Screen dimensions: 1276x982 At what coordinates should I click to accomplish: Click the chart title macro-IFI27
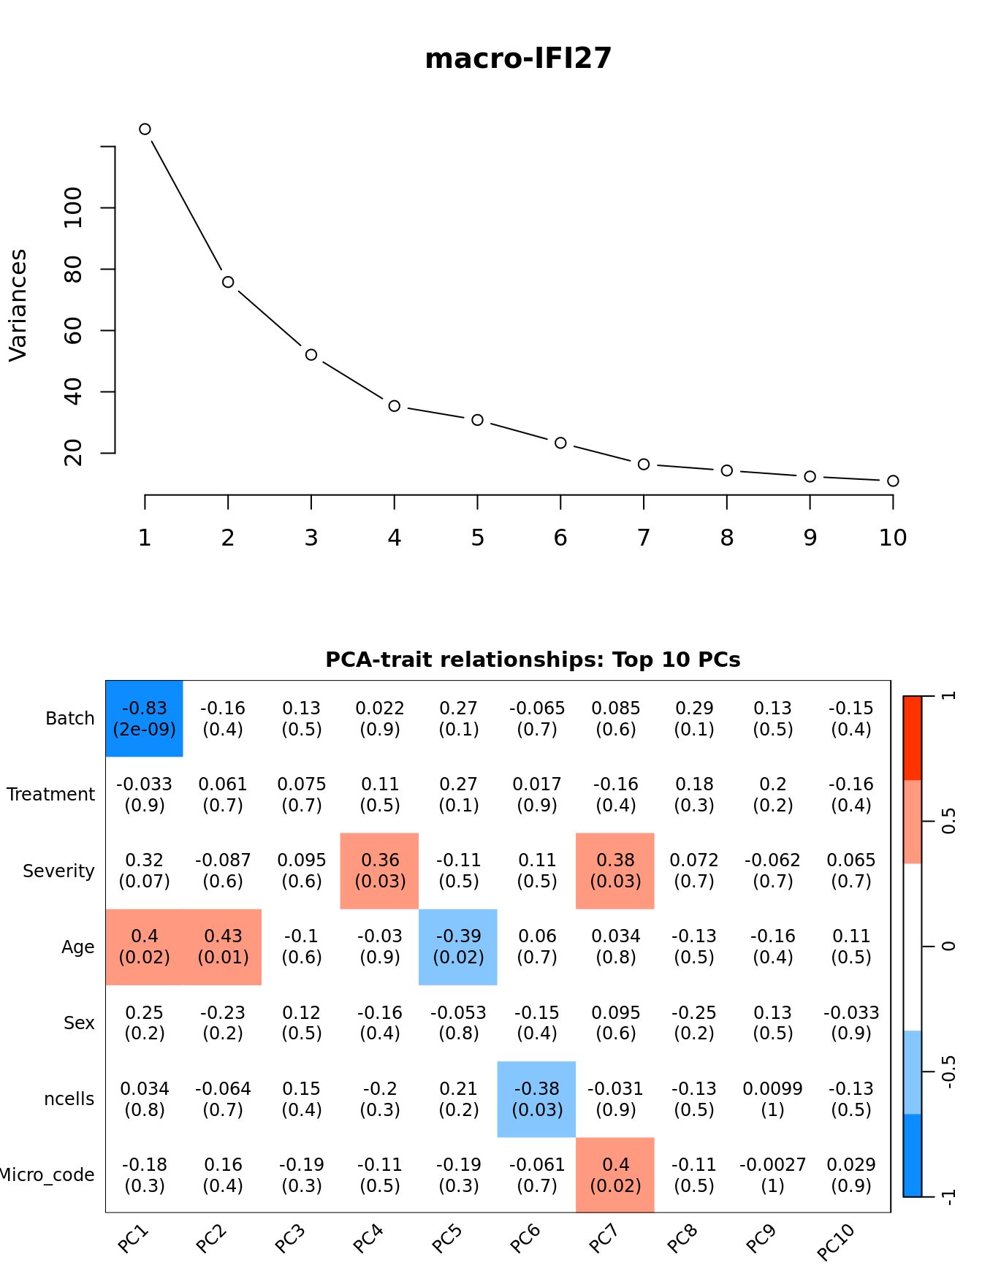(518, 58)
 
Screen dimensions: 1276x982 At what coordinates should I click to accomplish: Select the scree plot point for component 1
(145, 129)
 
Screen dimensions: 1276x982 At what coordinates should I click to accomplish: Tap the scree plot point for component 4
(395, 405)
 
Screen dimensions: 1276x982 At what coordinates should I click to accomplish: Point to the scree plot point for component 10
(893, 481)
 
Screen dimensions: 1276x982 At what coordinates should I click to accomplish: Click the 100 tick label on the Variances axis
(73, 207)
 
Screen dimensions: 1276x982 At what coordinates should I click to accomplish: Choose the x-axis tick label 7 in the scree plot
(644, 538)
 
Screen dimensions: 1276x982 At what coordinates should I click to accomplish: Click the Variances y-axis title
(18, 305)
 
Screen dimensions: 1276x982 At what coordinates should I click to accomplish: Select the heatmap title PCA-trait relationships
(533, 660)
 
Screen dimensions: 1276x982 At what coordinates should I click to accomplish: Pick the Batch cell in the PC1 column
(145, 719)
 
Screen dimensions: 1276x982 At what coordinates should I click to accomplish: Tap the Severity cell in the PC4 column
(380, 871)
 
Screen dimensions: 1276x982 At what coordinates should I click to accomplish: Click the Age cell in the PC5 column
(458, 947)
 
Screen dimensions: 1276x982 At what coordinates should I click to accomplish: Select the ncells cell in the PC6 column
(537, 1099)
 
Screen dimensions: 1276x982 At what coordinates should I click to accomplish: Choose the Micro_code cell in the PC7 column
(615, 1174)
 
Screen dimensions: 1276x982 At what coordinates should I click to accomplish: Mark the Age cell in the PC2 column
(223, 947)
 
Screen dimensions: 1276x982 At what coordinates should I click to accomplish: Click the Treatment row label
(51, 795)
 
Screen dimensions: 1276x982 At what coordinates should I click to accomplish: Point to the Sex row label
(79, 1023)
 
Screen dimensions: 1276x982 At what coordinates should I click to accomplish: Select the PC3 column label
(290, 1239)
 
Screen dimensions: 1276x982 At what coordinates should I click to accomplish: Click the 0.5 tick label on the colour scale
(948, 821)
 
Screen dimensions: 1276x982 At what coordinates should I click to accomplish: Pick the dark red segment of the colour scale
(913, 738)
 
